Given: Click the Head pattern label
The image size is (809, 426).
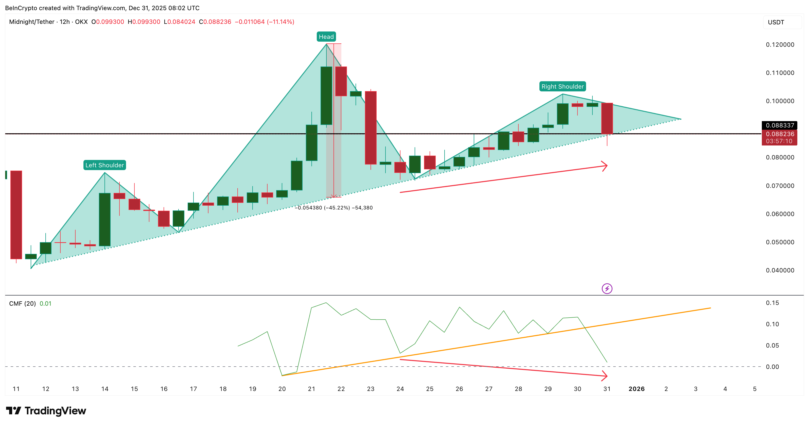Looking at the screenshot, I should (x=326, y=37).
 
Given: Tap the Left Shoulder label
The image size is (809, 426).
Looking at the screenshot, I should (x=104, y=165).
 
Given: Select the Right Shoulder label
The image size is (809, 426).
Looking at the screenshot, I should (x=562, y=87).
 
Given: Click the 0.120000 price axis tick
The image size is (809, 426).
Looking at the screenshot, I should (x=780, y=45).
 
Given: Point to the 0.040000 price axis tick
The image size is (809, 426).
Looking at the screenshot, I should (x=780, y=270).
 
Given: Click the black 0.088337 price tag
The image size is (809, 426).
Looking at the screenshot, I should (x=780, y=125).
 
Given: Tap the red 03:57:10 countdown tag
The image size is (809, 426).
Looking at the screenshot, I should (x=779, y=141).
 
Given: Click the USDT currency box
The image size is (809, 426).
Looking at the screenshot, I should (x=776, y=22).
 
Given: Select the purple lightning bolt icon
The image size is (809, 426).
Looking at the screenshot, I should (x=607, y=288).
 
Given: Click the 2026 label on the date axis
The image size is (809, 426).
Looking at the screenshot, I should (x=636, y=389).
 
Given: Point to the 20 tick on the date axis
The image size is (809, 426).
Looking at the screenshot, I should (x=282, y=389).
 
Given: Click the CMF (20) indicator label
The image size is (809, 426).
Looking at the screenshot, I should (x=22, y=303).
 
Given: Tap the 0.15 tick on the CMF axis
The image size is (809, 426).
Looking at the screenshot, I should (x=772, y=303).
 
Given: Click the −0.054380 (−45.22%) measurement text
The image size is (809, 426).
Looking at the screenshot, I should (x=333, y=208).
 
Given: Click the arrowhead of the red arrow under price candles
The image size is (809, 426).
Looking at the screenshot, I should (x=605, y=166).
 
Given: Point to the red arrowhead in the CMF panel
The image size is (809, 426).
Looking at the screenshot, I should (x=605, y=376).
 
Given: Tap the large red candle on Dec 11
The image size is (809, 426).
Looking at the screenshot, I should (x=16, y=215).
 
